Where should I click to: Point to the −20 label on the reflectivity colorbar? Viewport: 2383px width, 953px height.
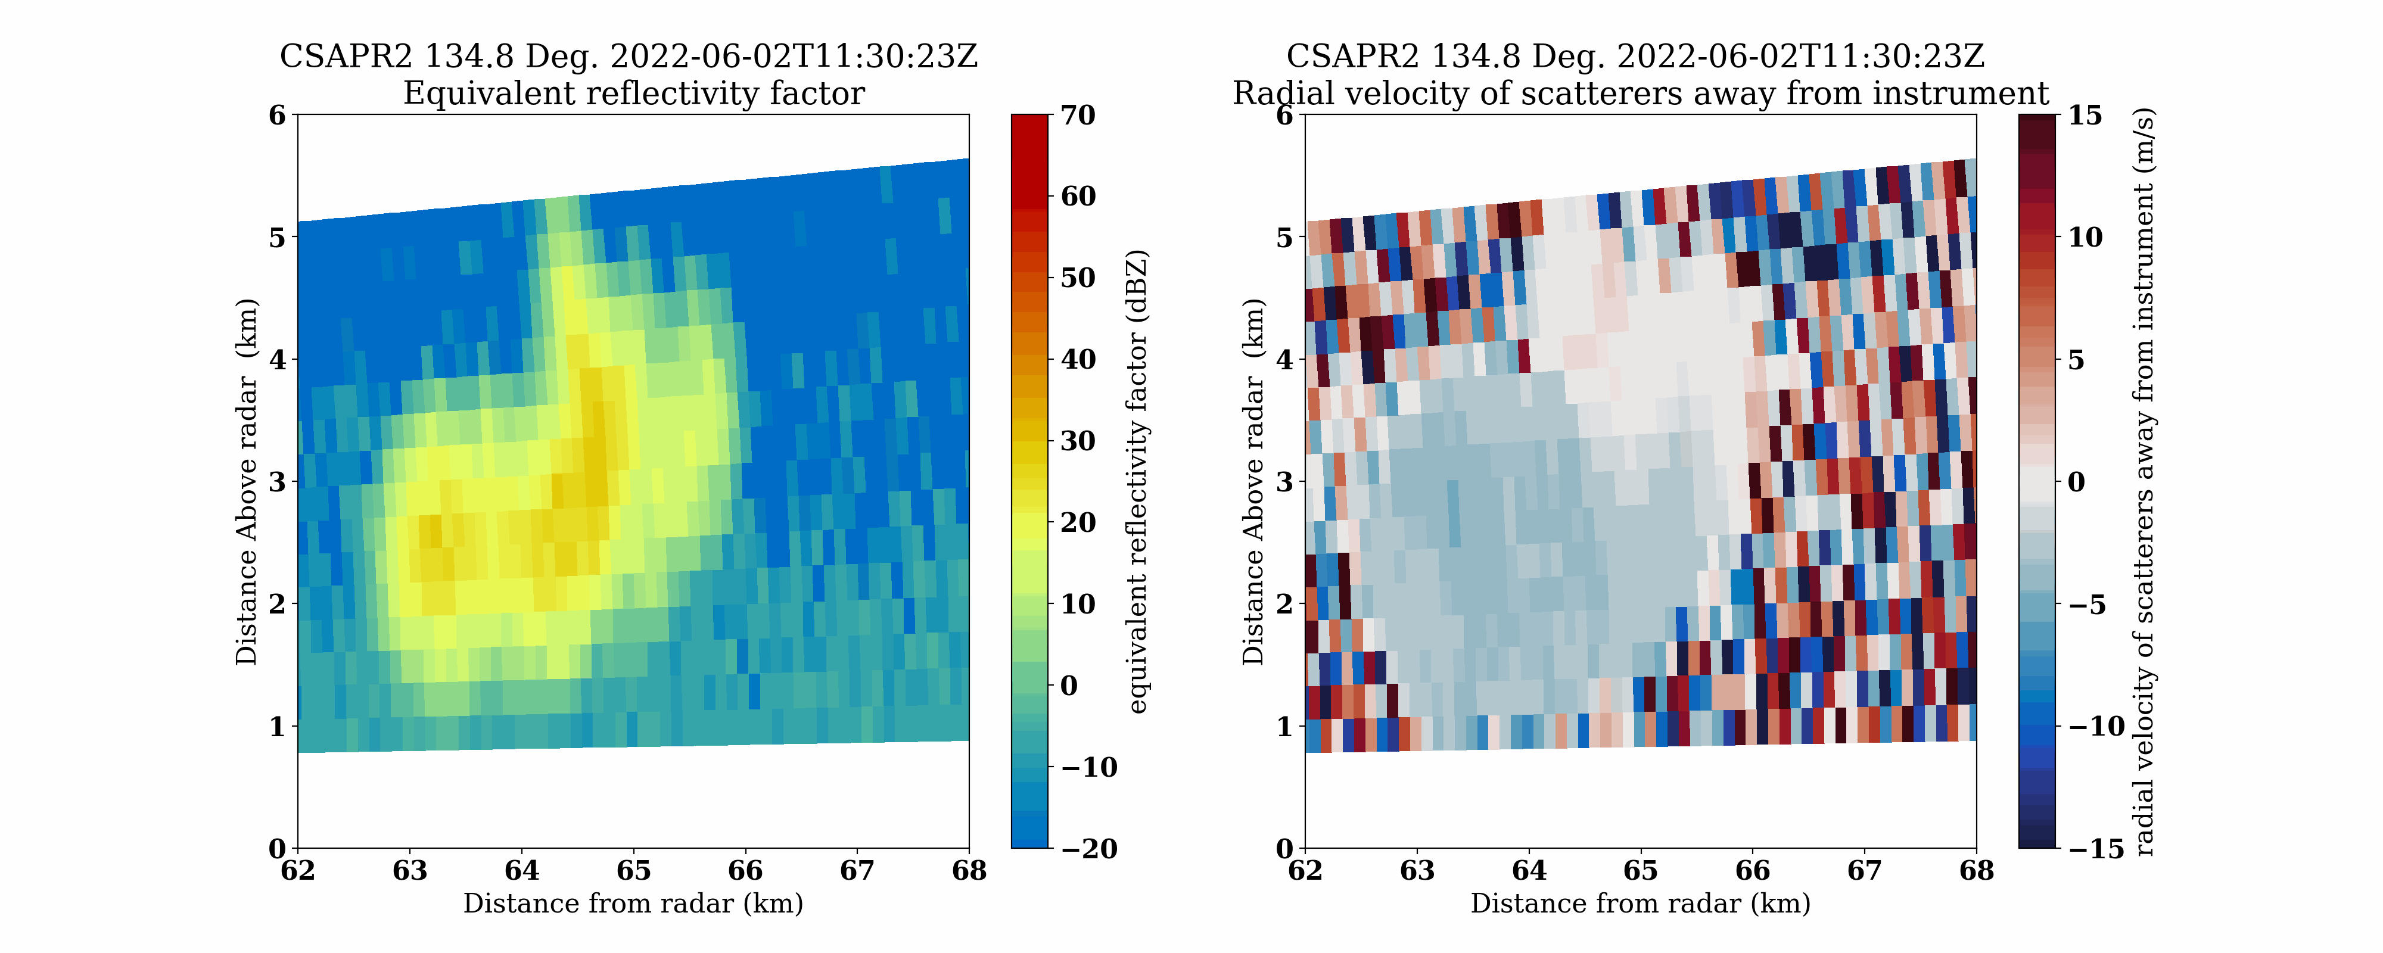(x=1089, y=848)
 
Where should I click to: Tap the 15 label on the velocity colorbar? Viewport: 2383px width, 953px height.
(x=2085, y=116)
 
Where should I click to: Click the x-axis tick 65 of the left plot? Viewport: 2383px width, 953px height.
(x=634, y=871)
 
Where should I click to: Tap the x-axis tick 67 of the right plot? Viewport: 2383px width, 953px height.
(x=1864, y=871)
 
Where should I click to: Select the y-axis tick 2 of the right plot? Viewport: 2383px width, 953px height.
(x=1284, y=604)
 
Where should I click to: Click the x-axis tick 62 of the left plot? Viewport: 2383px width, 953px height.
(x=298, y=871)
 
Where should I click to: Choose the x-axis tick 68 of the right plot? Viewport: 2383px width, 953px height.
(x=1976, y=871)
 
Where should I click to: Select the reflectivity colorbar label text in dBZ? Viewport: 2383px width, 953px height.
(x=1138, y=481)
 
